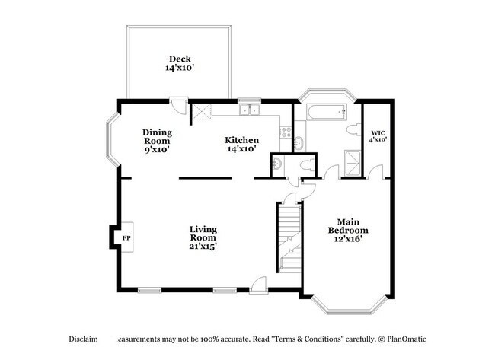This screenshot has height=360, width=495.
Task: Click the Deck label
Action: point(180,63)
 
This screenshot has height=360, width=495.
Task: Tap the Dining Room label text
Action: point(156,141)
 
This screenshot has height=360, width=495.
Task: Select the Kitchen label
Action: point(241,145)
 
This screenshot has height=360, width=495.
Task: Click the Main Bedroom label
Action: point(348,230)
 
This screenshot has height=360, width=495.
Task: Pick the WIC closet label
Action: point(378,135)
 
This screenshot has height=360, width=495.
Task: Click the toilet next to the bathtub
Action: point(352,132)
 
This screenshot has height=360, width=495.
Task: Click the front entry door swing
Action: point(260,284)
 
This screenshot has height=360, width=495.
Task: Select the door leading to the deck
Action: point(177,105)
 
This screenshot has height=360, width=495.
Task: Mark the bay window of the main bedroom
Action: point(349,304)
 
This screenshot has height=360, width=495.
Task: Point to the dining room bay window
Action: point(110,142)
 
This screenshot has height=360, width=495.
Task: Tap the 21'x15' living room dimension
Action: point(203,247)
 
